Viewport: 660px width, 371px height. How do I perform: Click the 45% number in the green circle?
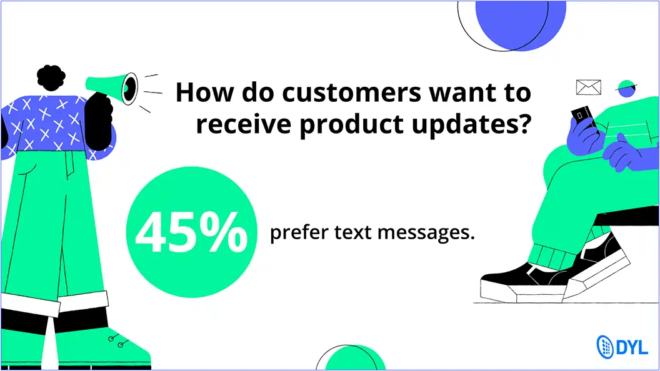[191, 232]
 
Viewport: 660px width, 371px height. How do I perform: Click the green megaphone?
[111, 87]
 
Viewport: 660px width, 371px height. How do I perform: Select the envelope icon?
[589, 87]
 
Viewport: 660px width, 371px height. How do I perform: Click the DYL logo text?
[632, 348]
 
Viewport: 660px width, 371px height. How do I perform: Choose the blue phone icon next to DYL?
[605, 347]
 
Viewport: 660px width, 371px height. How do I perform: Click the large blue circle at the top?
[521, 24]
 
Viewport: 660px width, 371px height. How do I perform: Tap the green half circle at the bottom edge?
[356, 359]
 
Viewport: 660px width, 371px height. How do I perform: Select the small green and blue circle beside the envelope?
[626, 88]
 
